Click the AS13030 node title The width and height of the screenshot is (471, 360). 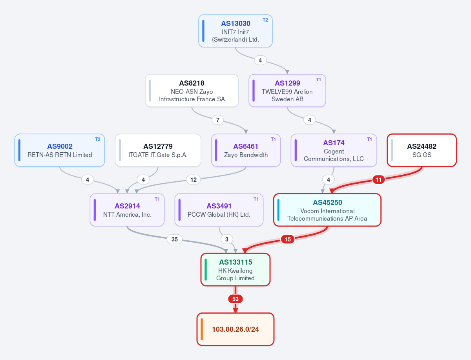(235, 24)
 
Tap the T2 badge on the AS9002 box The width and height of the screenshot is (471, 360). (98, 139)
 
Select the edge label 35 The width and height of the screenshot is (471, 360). (175, 239)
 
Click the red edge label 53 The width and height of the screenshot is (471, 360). (235, 299)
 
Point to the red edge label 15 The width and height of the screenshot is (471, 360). (288, 239)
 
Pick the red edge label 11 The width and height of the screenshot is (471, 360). (378, 179)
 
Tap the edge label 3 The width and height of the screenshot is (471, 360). (227, 239)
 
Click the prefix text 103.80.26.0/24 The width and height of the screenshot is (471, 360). (235, 329)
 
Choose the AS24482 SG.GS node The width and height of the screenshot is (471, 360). (422, 150)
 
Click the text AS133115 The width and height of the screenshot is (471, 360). (235, 262)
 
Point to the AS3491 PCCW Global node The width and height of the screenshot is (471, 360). (219, 210)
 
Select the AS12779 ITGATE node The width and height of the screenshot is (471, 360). (158, 150)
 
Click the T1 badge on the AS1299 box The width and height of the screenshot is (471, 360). (318, 80)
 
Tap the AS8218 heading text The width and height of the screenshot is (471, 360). (192, 83)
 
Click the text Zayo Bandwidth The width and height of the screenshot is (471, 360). (246, 155)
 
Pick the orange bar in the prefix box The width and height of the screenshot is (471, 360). (202, 329)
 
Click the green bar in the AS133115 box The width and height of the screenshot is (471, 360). (206, 270)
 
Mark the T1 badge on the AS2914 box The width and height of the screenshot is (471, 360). (157, 199)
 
